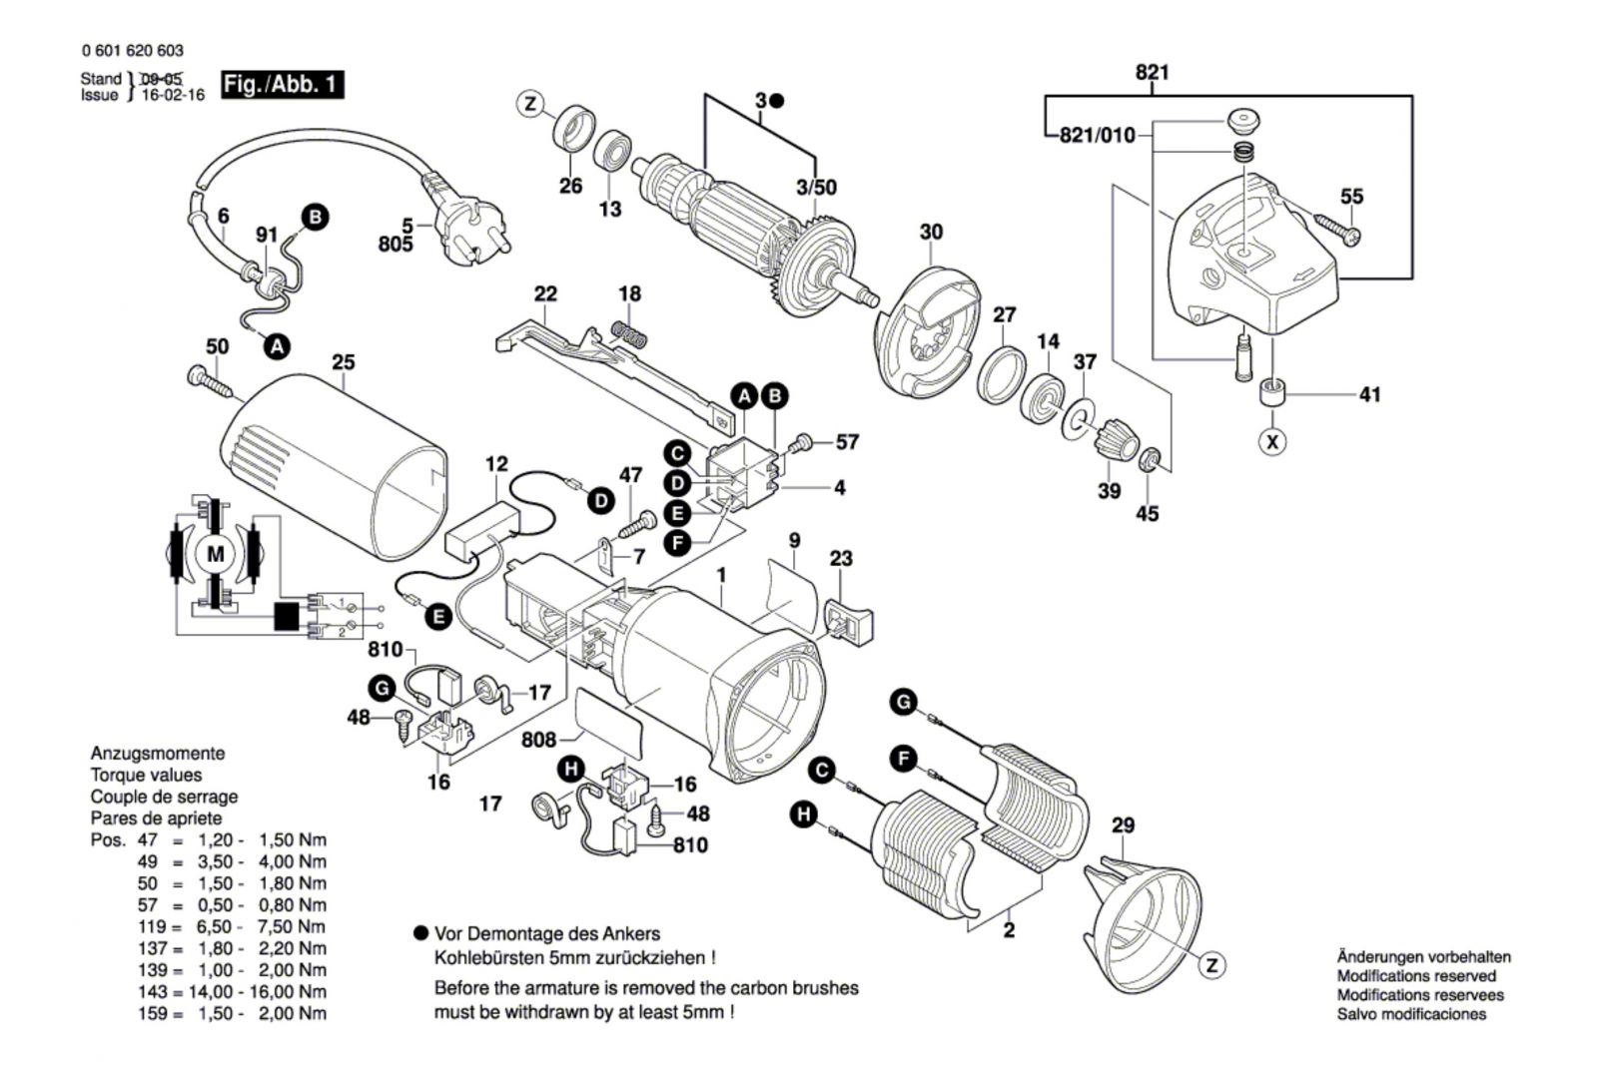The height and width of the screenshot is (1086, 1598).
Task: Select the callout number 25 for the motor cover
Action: pyautogui.click(x=344, y=362)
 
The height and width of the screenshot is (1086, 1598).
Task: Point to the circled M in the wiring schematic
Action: pyautogui.click(x=216, y=554)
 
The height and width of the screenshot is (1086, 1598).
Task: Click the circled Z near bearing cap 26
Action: pyautogui.click(x=530, y=103)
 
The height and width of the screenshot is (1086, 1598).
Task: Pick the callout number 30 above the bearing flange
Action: pyautogui.click(x=930, y=233)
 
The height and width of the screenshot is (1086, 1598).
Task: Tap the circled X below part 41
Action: pyautogui.click(x=1271, y=440)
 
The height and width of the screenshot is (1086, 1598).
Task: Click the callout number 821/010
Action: pyautogui.click(x=1097, y=136)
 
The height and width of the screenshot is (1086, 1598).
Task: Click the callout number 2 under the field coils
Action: pyautogui.click(x=1009, y=930)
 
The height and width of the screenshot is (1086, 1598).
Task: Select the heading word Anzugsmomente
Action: pyautogui.click(x=158, y=754)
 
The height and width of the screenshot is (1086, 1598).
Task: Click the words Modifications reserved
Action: pyautogui.click(x=1416, y=975)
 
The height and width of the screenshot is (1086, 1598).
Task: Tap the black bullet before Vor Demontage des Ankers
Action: pyautogui.click(x=420, y=934)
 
